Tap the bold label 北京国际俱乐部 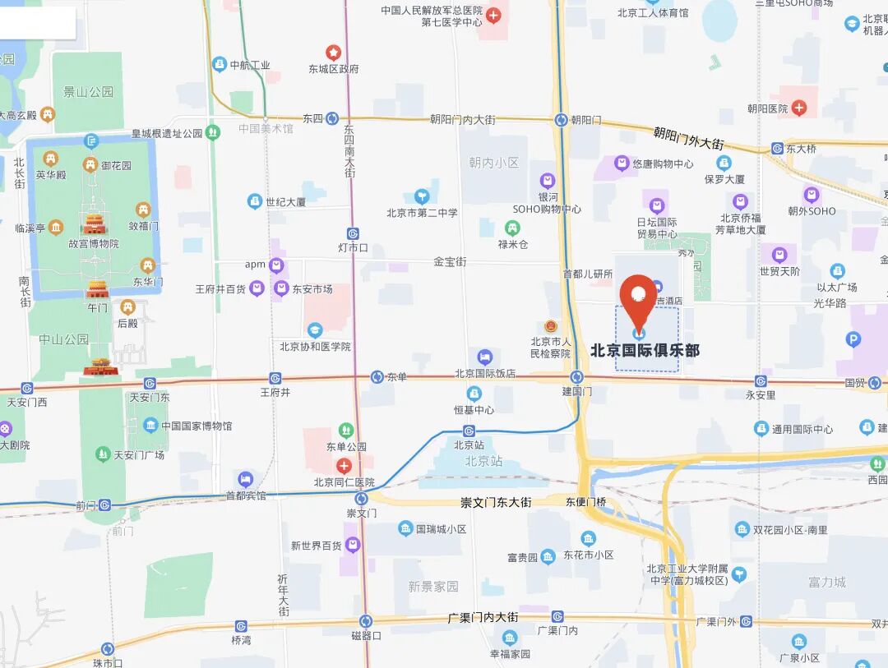(645, 351)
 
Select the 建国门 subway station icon (577, 376)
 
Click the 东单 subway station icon (377, 376)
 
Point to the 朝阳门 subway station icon (561, 119)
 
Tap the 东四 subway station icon (331, 118)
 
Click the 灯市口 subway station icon (353, 233)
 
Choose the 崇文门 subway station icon (361, 499)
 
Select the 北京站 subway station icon (469, 431)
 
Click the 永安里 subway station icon (761, 381)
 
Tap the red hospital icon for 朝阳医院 (799, 108)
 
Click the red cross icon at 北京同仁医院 (345, 466)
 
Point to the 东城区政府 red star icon (333, 52)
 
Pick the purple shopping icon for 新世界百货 (353, 545)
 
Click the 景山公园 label (89, 92)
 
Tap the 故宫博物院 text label (94, 243)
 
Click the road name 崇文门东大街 (496, 502)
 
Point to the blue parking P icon (853, 338)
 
